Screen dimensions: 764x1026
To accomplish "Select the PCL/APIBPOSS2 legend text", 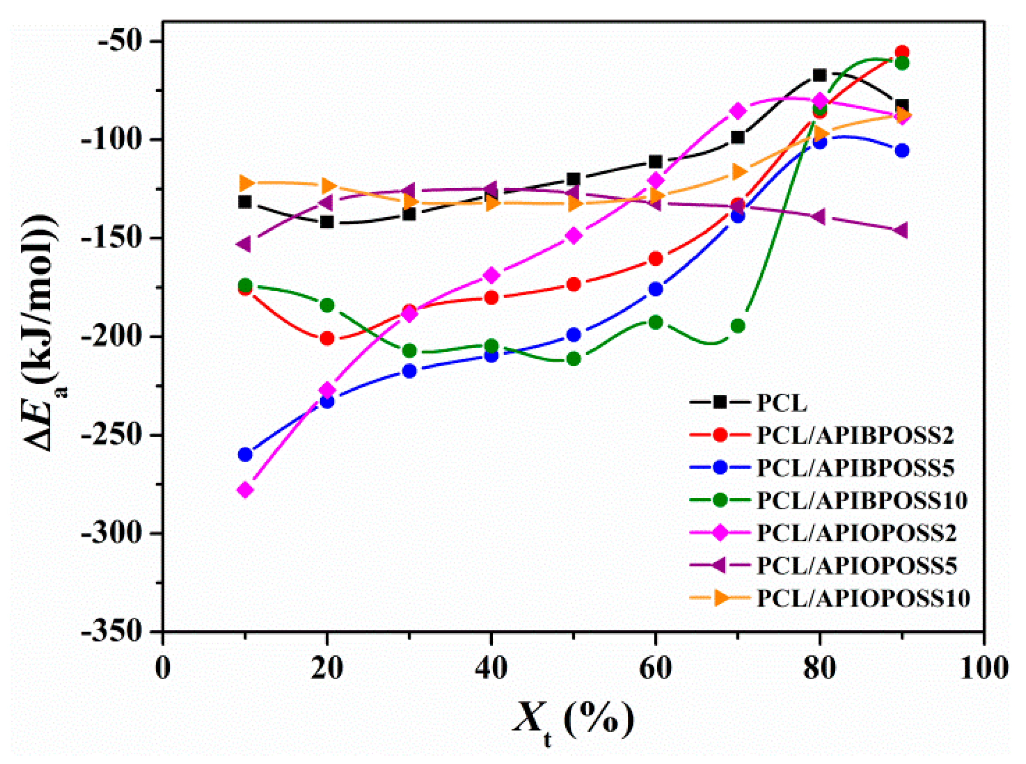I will pyautogui.click(x=855, y=435).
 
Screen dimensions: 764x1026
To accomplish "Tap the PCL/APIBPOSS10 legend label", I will pyautogui.click(x=861, y=500).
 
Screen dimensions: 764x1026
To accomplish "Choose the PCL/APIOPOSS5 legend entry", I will pyautogui.click(x=856, y=566).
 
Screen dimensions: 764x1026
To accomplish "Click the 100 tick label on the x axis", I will pyautogui.click(x=983, y=669).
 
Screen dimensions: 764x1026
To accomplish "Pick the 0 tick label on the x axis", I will pyautogui.click(x=162, y=669).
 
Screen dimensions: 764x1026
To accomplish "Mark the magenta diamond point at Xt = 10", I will pyautogui.click(x=245, y=490).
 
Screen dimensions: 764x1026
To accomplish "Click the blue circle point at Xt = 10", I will pyautogui.click(x=245, y=454).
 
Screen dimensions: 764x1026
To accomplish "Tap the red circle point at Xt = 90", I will pyautogui.click(x=902, y=52).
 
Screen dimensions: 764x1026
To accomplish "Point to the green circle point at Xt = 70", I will pyautogui.click(x=738, y=326).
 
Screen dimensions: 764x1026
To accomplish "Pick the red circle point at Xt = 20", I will pyautogui.click(x=327, y=339).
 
